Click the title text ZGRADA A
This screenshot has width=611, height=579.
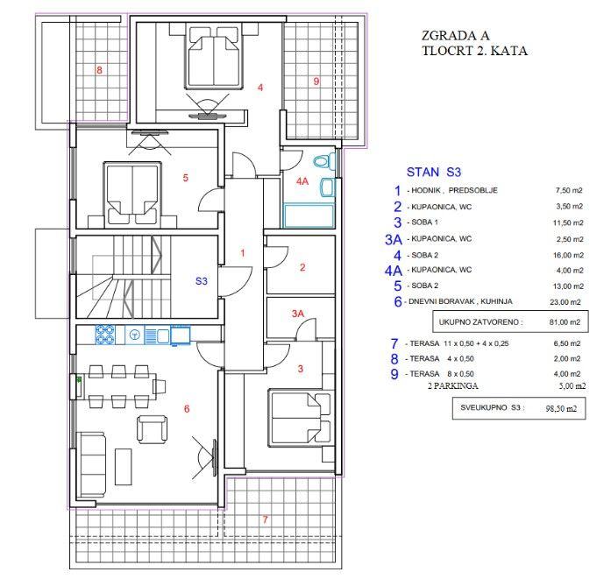click(x=455, y=35)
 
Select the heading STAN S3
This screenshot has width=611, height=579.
click(x=434, y=172)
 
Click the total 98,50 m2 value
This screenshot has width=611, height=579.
click(x=561, y=409)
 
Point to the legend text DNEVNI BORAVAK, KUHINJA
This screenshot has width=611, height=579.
click(x=460, y=301)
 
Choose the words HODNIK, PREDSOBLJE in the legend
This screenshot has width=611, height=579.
click(x=454, y=190)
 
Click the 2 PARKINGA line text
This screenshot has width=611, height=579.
click(x=453, y=386)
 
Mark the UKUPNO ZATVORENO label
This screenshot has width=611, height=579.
click(x=481, y=322)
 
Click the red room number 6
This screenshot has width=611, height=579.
click(x=187, y=408)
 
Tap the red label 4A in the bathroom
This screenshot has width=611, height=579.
click(x=302, y=181)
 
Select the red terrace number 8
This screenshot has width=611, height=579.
click(x=99, y=70)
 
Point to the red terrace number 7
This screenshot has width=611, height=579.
click(x=265, y=519)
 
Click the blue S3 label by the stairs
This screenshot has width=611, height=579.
click(x=202, y=280)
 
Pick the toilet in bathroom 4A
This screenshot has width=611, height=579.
click(x=324, y=160)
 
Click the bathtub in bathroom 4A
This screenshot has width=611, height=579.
click(x=309, y=215)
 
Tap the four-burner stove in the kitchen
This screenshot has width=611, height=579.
click(x=105, y=335)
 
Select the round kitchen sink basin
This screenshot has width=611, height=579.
click(x=135, y=335)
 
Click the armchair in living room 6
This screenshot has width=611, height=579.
click(x=153, y=428)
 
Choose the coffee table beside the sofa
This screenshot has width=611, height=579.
click(x=124, y=467)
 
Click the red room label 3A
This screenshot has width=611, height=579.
click(x=298, y=314)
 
